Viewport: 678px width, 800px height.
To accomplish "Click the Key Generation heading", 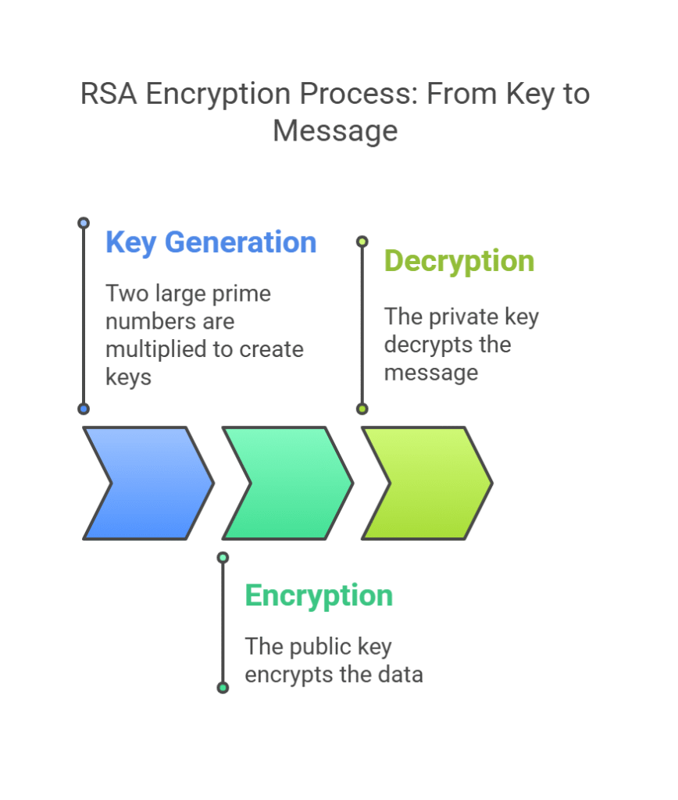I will click(x=211, y=242).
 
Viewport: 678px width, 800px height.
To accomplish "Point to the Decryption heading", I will click(x=459, y=261).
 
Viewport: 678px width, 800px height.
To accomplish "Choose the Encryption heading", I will click(x=319, y=595).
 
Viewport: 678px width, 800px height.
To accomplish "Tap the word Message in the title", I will click(x=335, y=130).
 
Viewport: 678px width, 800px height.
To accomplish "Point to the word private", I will click(x=466, y=317).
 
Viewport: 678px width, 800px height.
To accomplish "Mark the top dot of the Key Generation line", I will click(x=84, y=223).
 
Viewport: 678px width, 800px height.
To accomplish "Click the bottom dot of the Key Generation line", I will click(x=84, y=409).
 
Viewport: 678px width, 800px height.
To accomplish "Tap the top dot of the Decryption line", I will click(x=362, y=241).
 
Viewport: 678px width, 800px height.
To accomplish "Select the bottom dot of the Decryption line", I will click(x=362, y=409).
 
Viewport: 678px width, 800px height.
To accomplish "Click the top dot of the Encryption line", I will click(x=223, y=557).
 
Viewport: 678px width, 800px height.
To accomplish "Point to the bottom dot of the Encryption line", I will click(x=223, y=687).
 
